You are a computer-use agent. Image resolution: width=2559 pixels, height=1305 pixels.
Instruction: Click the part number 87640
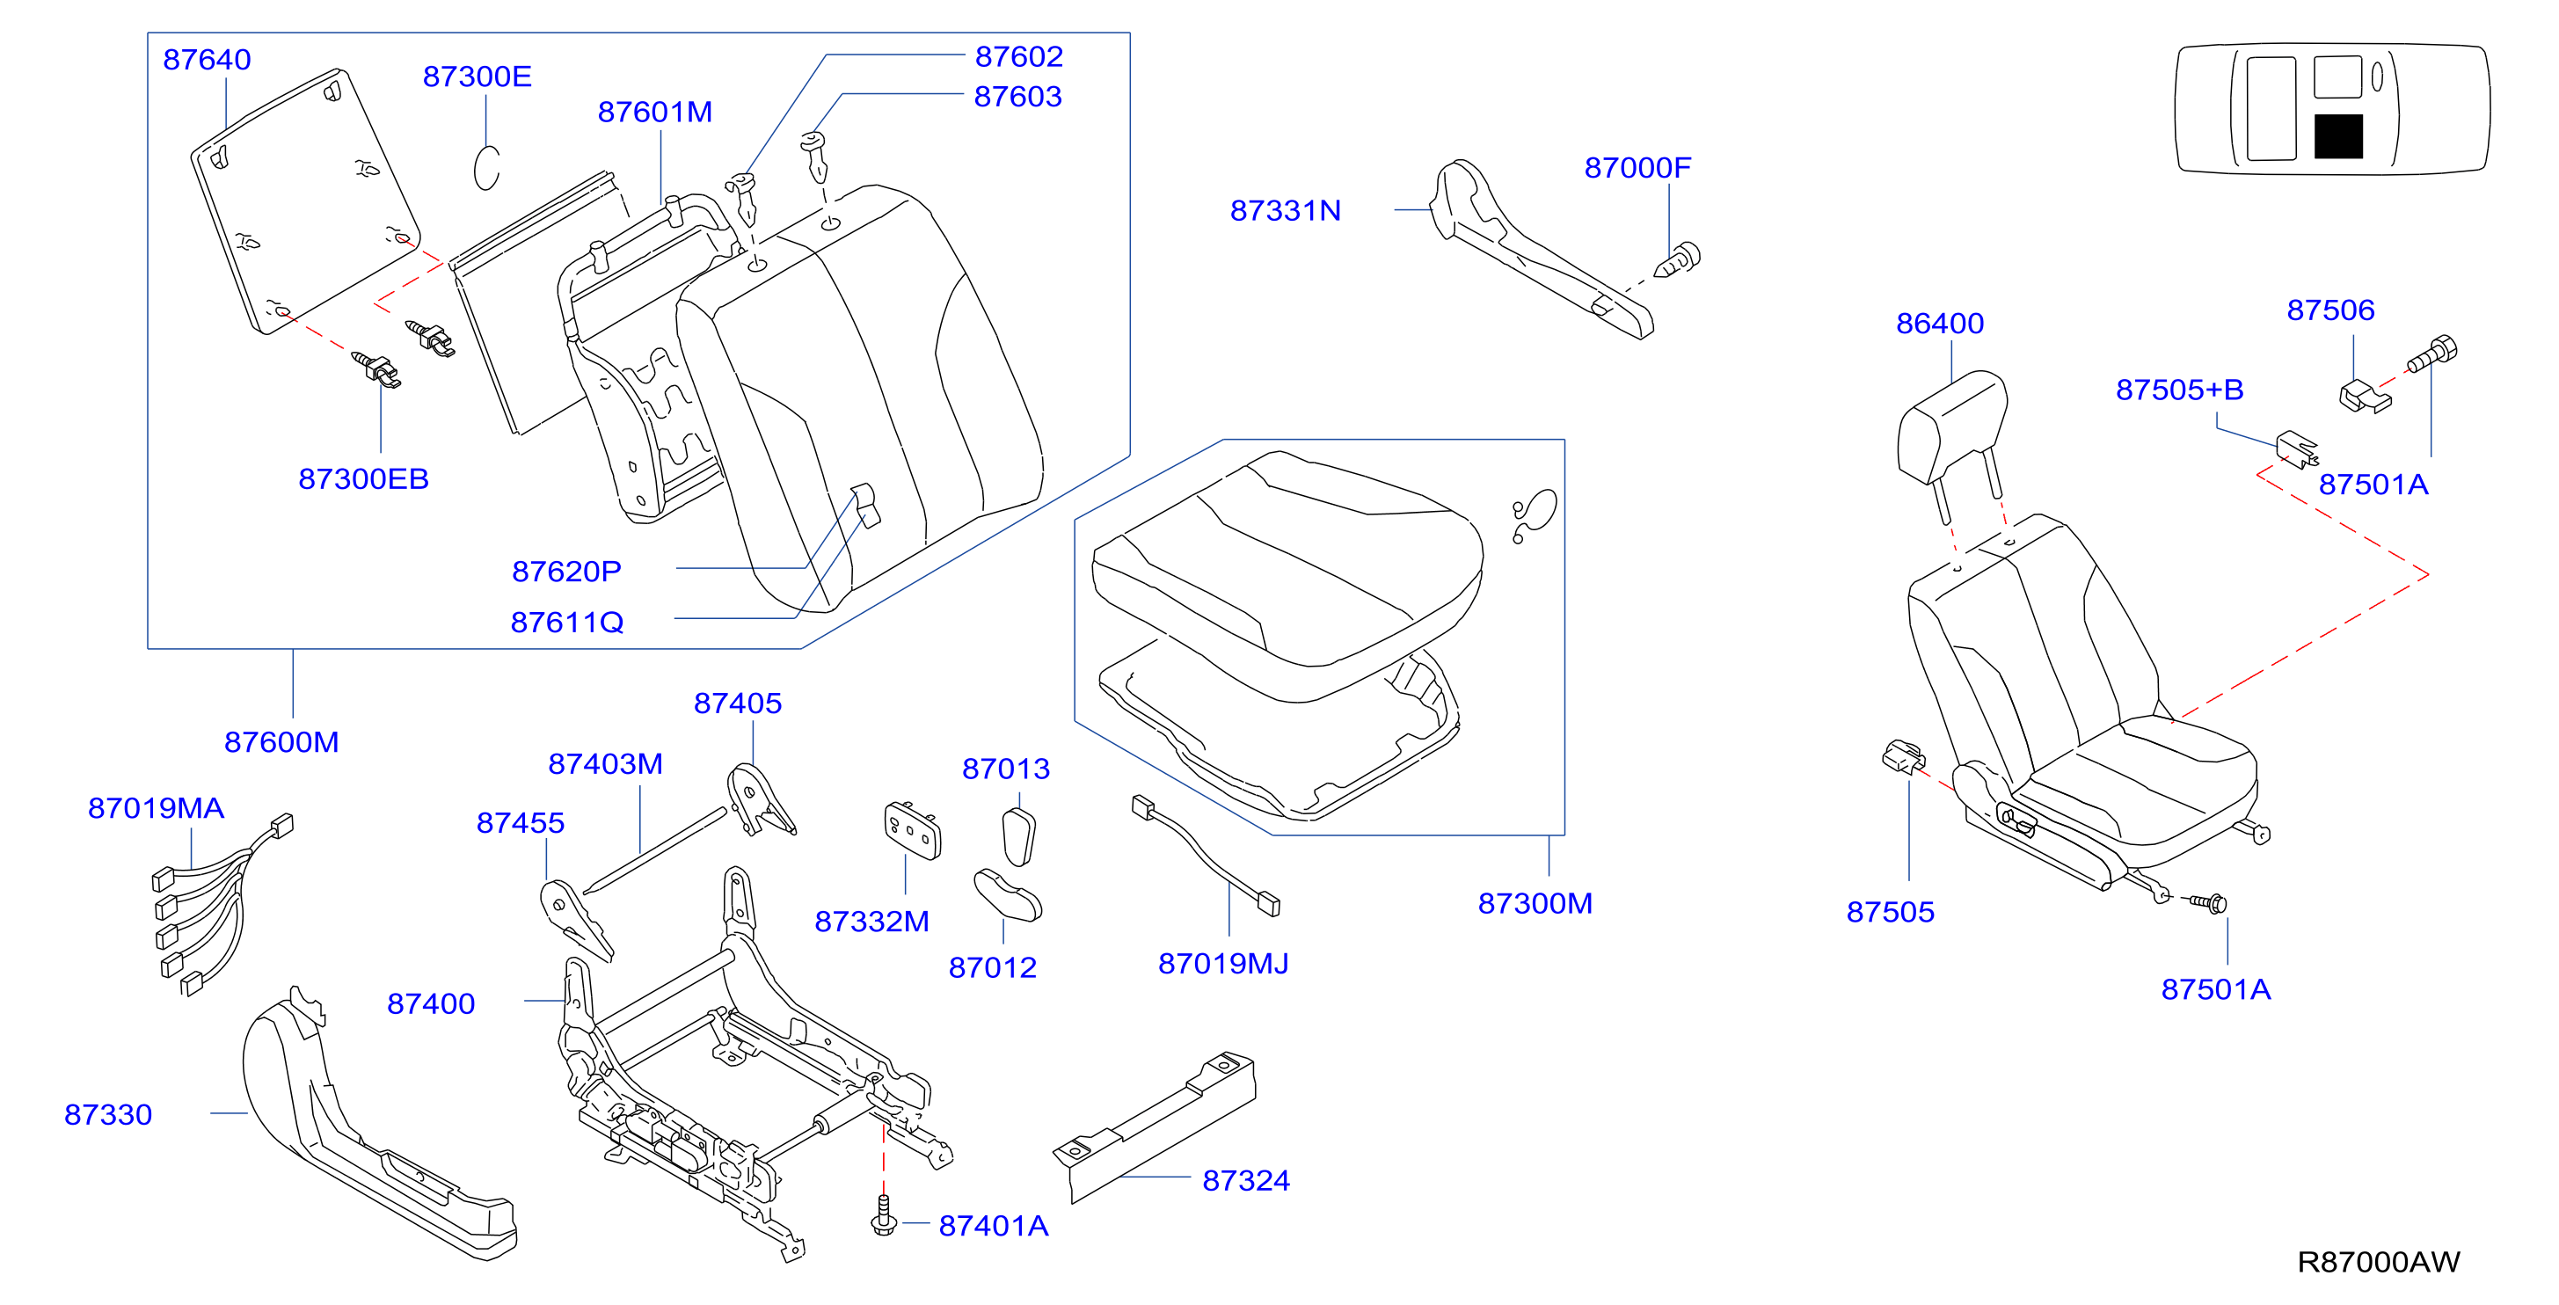207,60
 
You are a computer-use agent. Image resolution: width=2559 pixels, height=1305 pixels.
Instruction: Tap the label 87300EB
363,478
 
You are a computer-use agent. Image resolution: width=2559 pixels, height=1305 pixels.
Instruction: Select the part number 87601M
654,113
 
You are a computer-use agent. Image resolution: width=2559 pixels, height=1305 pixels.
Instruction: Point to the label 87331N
1286,210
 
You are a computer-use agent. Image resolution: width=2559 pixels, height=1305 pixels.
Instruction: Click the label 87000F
1637,168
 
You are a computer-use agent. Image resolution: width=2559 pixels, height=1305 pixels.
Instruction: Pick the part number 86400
1939,323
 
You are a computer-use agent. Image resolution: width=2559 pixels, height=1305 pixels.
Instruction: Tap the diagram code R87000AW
2378,1261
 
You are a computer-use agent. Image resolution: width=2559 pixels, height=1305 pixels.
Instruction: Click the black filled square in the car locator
2338,137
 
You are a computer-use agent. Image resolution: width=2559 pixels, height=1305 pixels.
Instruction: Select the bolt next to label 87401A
883,1215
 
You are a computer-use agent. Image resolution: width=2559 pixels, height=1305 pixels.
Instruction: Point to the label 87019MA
156,808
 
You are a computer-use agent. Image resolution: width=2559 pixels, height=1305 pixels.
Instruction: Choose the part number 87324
1246,1180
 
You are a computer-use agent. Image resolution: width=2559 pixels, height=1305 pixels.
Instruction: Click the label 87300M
1535,903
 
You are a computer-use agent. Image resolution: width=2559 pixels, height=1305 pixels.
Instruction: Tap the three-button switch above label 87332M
912,830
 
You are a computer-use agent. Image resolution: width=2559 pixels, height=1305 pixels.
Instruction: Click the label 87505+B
2179,390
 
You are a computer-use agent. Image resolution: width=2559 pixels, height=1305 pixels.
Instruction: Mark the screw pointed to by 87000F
1677,260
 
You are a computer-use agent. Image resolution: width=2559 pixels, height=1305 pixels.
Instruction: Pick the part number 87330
108,1114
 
